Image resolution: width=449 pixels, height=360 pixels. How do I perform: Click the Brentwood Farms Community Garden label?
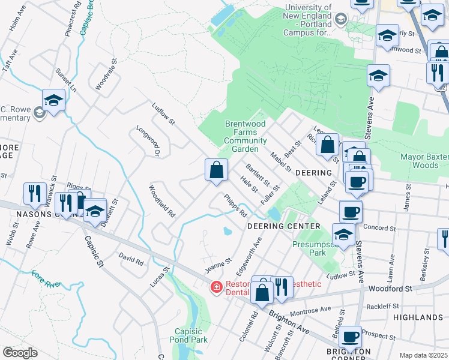(245, 136)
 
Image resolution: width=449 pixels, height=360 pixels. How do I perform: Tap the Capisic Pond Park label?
(191, 335)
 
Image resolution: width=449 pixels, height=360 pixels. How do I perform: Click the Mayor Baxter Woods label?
(424, 161)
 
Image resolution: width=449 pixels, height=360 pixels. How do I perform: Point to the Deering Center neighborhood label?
(284, 226)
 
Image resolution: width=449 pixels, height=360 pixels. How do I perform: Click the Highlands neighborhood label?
(418, 317)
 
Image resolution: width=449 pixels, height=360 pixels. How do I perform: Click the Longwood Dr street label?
(147, 140)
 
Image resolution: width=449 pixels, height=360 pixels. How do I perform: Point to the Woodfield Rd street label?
(162, 201)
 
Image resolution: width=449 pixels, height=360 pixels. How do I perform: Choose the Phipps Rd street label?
(235, 206)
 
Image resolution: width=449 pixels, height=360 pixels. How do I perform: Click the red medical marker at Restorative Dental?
(216, 289)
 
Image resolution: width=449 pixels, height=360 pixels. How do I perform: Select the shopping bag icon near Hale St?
(216, 170)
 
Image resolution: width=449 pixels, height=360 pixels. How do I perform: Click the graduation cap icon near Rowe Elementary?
(53, 100)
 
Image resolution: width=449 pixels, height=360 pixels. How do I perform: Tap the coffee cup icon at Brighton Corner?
(349, 337)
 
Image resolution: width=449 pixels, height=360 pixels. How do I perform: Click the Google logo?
(20, 353)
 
